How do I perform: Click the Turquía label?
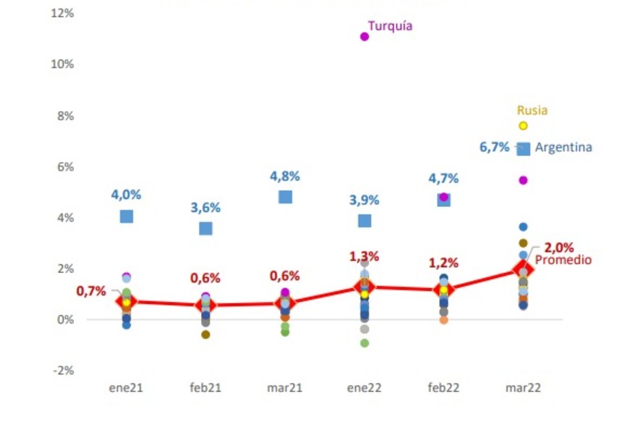(x=390, y=26)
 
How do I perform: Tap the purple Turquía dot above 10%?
(x=364, y=36)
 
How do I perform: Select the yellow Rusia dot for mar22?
(x=523, y=126)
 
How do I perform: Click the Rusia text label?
(x=532, y=110)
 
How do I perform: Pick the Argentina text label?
(x=564, y=147)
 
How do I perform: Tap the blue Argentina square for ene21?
(x=126, y=216)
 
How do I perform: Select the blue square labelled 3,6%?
(x=206, y=228)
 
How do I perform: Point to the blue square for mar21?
(x=285, y=197)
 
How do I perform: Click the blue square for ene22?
(x=364, y=221)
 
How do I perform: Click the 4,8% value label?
(x=285, y=176)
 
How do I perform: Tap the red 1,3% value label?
(x=363, y=257)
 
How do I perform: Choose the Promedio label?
(x=563, y=260)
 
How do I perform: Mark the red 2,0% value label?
(x=558, y=247)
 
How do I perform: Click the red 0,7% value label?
(x=91, y=291)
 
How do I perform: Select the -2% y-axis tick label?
(x=63, y=370)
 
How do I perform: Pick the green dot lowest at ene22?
(x=364, y=343)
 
